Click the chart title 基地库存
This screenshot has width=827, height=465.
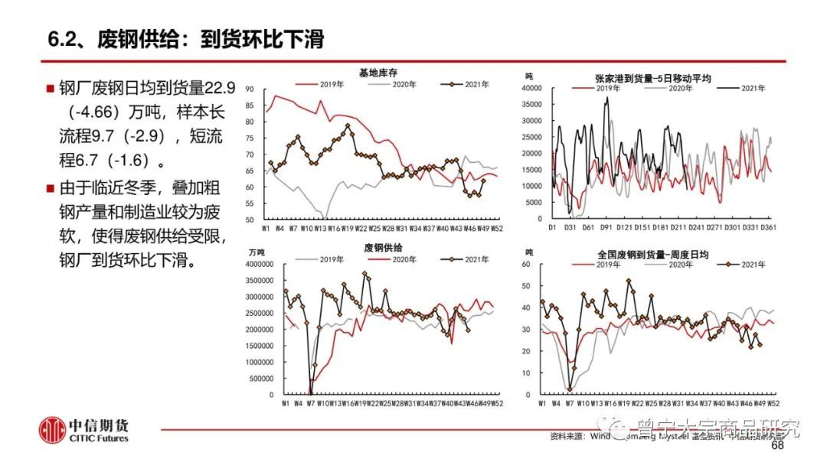378,73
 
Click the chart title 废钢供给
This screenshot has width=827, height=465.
379,247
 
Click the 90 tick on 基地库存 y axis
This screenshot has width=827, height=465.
271,89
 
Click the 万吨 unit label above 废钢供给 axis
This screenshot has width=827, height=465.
259,252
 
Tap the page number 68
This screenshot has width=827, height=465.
778,446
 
